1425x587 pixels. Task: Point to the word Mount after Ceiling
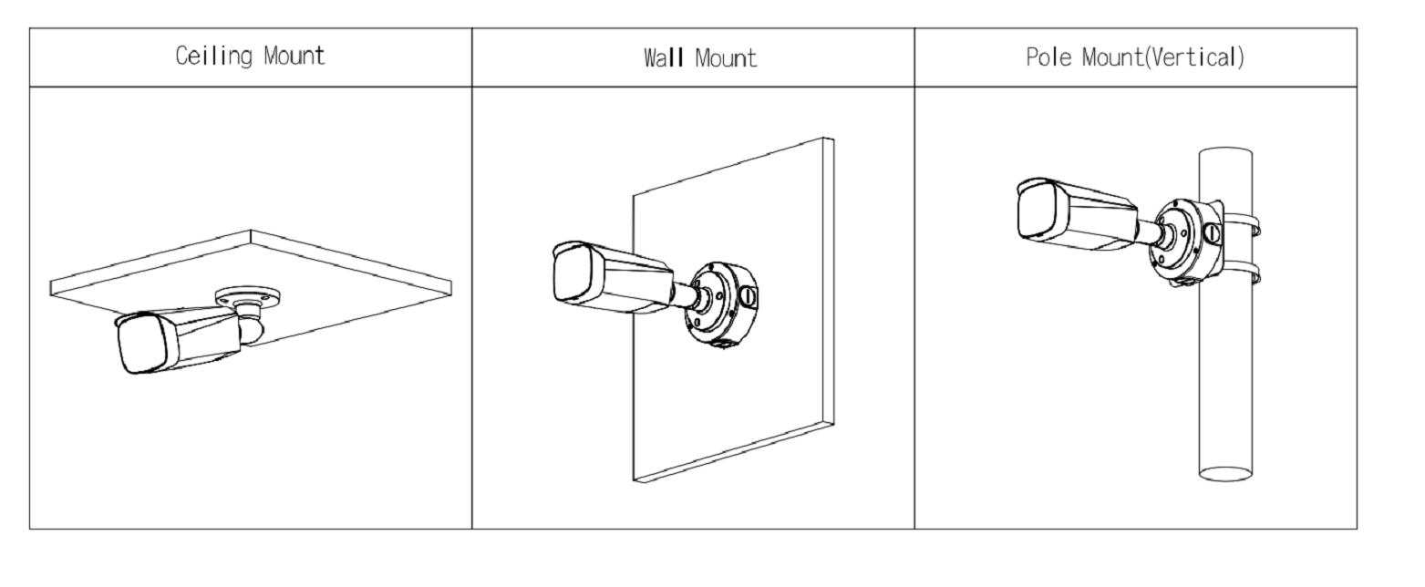click(294, 57)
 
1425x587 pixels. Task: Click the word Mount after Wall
click(726, 59)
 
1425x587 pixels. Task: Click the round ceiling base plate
click(248, 297)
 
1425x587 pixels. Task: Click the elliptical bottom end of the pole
click(1225, 473)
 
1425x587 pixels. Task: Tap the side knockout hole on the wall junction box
click(746, 296)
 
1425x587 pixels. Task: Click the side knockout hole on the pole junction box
click(1213, 233)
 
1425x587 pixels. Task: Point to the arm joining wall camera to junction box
click(687, 295)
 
